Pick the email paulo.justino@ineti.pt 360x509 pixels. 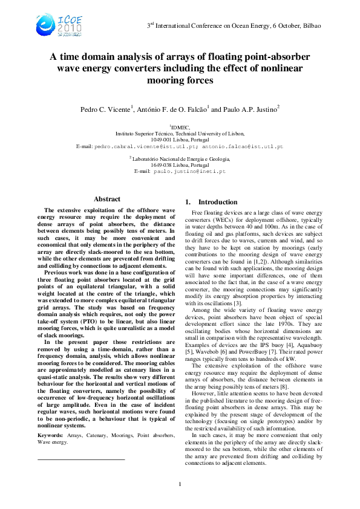tap(197, 172)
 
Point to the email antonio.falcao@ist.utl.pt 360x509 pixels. tap(242, 147)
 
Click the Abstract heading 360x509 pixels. tap(106, 199)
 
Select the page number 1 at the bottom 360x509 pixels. tap(180, 485)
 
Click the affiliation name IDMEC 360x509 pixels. tap(181, 128)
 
